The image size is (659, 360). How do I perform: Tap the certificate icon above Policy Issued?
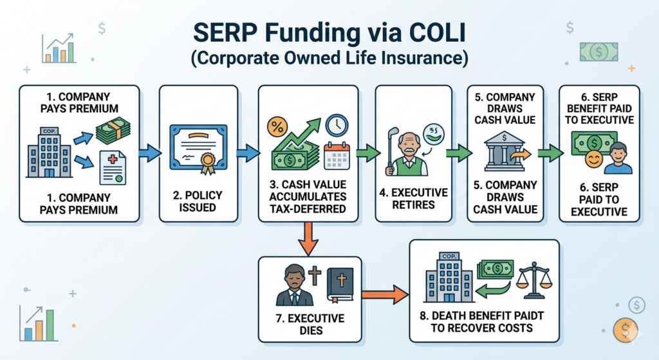pos(200,149)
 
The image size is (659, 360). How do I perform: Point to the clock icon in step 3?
pos(337,126)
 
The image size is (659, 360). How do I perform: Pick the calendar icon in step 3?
pos(337,156)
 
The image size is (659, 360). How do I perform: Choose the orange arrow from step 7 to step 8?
pos(385,295)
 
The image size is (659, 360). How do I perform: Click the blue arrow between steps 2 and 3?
pos(246,153)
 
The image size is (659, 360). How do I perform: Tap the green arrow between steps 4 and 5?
pos(455,153)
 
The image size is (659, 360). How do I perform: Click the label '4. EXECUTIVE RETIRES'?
pos(414,198)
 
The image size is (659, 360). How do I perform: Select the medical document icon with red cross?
pos(113,166)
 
